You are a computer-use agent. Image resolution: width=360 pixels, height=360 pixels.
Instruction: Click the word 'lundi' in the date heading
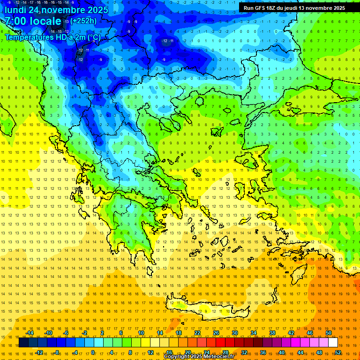15,10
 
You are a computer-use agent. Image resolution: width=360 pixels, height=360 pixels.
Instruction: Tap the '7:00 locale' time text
33,21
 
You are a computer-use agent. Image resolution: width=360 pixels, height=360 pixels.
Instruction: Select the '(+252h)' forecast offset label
84,21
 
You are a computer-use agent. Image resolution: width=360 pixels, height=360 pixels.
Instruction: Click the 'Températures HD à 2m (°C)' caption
52,37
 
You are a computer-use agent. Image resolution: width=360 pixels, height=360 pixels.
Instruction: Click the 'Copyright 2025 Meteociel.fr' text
199,356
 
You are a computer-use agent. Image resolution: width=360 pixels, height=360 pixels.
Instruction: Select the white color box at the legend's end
333,343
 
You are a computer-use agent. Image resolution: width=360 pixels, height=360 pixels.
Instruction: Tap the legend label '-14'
29,333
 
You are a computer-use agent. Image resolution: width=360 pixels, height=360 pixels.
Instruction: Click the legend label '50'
328,333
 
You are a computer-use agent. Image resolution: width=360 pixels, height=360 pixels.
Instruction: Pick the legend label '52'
337,352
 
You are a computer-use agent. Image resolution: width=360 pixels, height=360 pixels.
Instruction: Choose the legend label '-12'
38,352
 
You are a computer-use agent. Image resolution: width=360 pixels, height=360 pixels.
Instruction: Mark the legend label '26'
216,333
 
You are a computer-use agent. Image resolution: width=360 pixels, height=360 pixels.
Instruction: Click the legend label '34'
254,333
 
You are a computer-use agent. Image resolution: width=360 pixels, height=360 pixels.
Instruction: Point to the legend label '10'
141,333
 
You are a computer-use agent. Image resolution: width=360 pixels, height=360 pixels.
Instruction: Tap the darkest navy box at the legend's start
23,343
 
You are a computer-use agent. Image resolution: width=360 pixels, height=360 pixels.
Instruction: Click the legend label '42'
291,333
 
